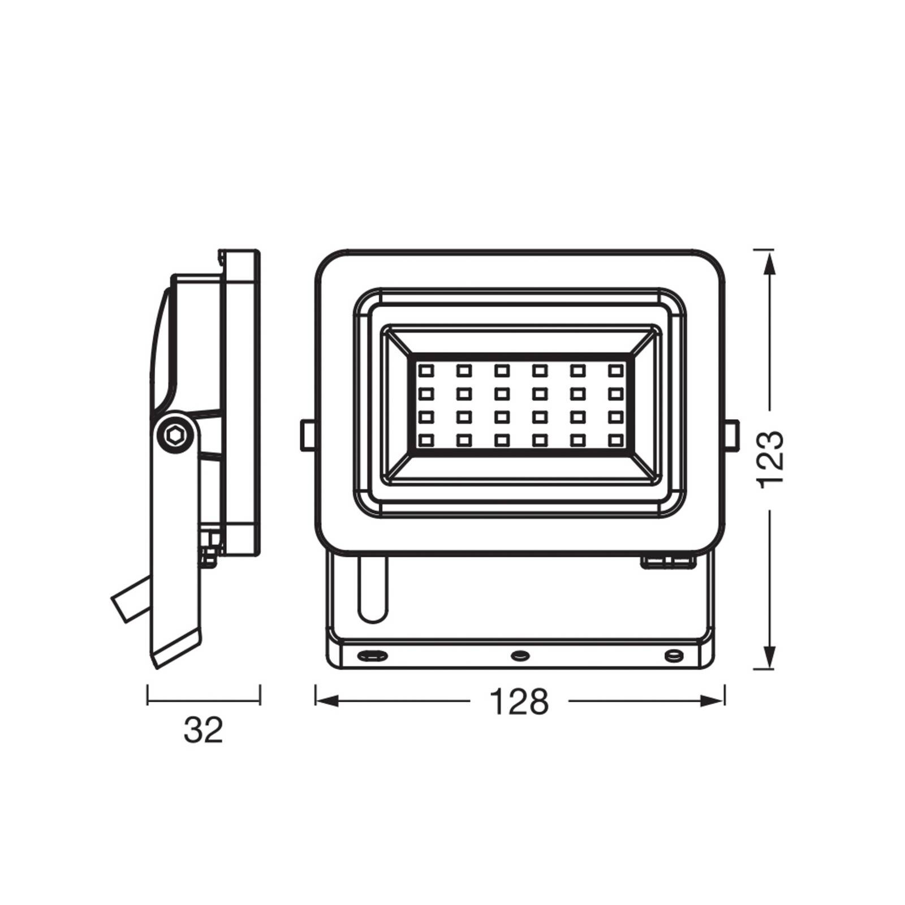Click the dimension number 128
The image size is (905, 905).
coord(519,701)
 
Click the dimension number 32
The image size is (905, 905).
coord(203,730)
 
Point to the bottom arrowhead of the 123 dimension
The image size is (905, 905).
coord(769,658)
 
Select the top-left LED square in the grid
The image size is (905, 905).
coord(425,370)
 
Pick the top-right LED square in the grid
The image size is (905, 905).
coord(615,370)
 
